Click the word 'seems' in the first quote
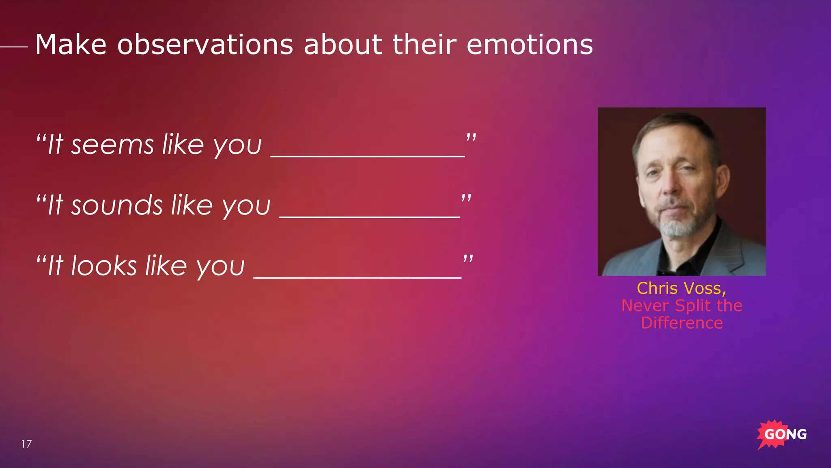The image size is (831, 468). (x=112, y=145)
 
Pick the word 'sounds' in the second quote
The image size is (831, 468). (x=117, y=205)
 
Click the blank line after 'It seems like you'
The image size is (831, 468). (x=367, y=156)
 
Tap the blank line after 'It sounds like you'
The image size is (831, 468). (x=369, y=217)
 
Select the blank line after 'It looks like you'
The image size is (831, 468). (x=357, y=277)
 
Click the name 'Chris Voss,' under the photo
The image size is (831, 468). (x=681, y=288)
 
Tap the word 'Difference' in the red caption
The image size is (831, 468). (x=682, y=323)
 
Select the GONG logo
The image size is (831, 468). (x=781, y=434)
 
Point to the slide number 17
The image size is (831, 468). (x=26, y=444)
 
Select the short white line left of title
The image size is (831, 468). (x=14, y=47)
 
